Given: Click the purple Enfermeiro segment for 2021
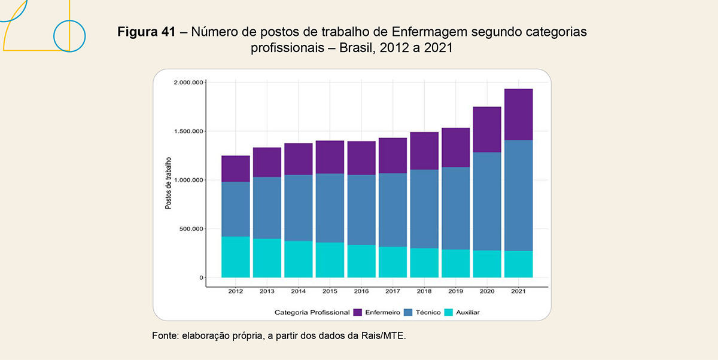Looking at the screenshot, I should point(518,114).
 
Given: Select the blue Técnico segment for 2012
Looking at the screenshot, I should point(236,209).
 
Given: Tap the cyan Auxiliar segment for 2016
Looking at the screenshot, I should point(361,261).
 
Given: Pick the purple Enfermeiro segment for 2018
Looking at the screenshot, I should point(424,151).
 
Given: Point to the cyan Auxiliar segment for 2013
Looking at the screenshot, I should point(267,258).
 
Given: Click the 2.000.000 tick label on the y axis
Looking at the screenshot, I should point(188,83).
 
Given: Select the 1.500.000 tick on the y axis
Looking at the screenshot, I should point(188,132).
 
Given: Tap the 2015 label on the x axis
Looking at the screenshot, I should point(330,291).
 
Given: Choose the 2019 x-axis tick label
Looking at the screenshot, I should point(455,291).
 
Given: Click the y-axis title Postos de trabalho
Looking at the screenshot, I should point(168,183).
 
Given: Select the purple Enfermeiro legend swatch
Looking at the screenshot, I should point(358,312).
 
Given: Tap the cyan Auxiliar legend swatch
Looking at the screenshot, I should point(449,312).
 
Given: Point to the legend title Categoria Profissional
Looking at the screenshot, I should point(312,312).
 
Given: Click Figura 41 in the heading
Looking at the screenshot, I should point(147,32).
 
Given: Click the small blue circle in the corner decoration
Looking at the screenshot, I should point(70,36).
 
